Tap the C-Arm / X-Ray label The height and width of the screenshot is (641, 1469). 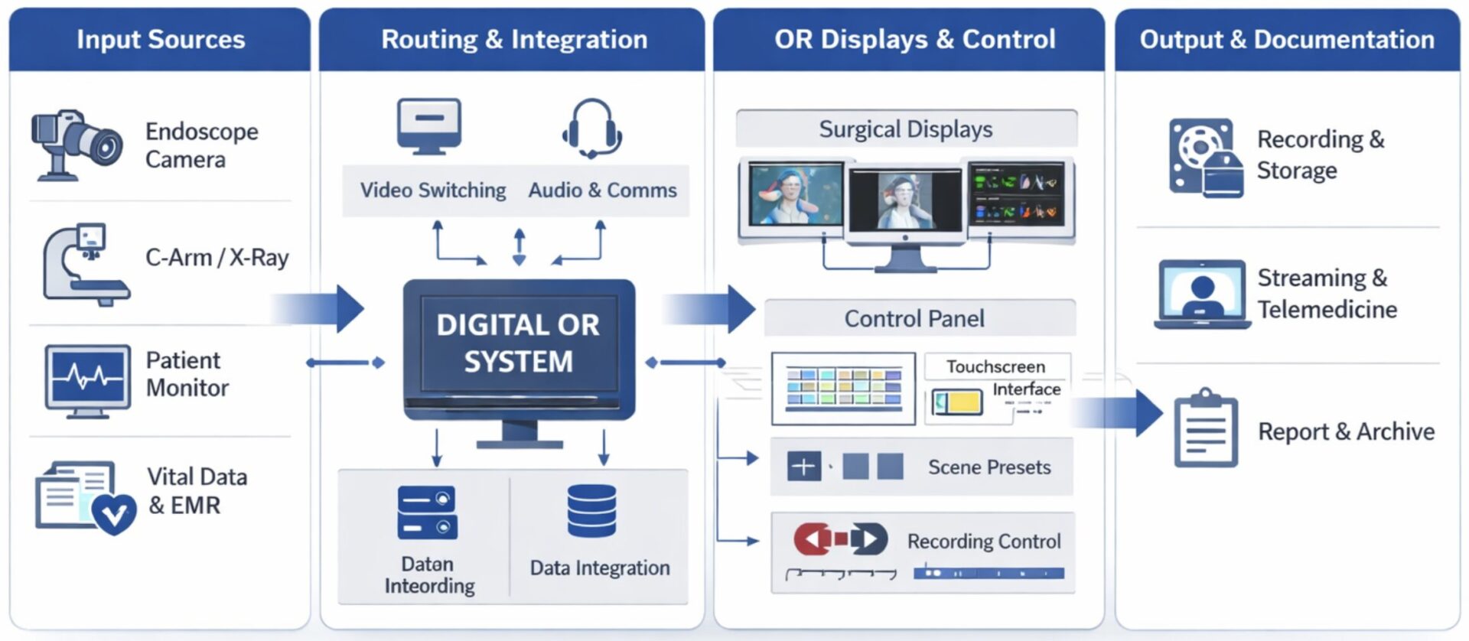(x=217, y=258)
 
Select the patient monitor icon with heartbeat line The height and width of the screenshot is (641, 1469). (x=87, y=378)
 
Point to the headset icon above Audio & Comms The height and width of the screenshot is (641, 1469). (x=591, y=128)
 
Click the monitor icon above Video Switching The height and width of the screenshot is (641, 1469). (x=429, y=125)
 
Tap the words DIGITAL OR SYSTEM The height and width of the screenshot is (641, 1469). (x=518, y=343)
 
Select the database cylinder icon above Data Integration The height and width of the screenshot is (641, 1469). (x=591, y=511)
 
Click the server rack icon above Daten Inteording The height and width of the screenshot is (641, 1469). (x=427, y=512)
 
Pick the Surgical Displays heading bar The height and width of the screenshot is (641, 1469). (x=906, y=129)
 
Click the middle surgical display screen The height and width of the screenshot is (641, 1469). (x=906, y=200)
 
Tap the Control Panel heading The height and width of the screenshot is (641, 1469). (x=914, y=318)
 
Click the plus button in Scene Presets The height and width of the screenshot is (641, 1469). (x=803, y=466)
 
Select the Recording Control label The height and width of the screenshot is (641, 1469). (x=983, y=542)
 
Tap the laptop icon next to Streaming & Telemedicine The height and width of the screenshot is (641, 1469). (x=1202, y=294)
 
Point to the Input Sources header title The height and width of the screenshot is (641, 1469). (x=161, y=39)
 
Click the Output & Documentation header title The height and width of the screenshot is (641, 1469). (x=1287, y=39)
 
